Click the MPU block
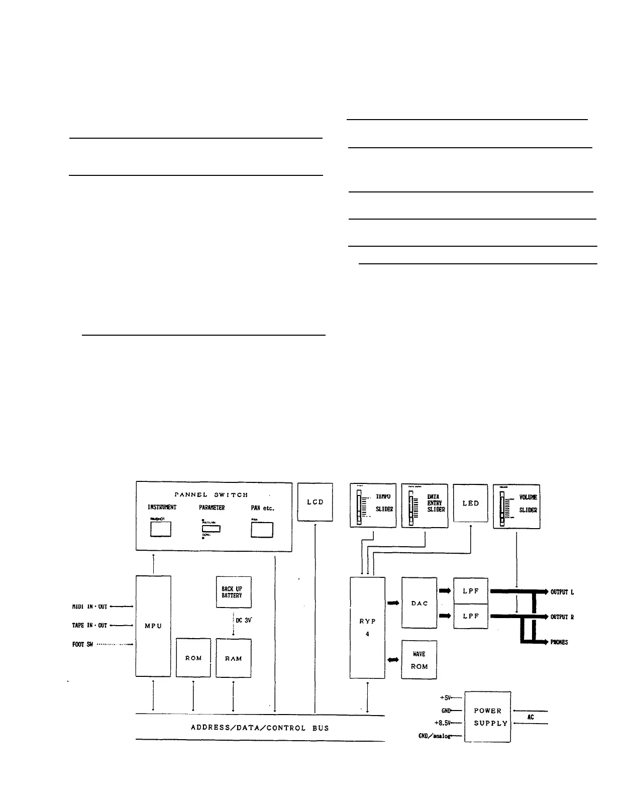point(153,626)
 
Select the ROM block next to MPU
point(193,658)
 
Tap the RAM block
point(234,658)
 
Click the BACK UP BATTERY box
point(234,592)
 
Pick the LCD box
point(315,502)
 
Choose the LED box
point(470,503)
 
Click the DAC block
point(420,603)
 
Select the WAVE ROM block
point(419,660)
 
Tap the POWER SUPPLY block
point(487,717)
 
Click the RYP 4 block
point(367,627)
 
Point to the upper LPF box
point(471,591)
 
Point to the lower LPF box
point(471,616)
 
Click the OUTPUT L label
point(562,592)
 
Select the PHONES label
point(559,642)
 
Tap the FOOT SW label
point(82,644)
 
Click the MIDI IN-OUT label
point(89,607)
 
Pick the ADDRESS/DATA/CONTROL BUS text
point(260,728)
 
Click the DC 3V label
point(243,620)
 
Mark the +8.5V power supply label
point(442,723)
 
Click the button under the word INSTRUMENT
point(161,529)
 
